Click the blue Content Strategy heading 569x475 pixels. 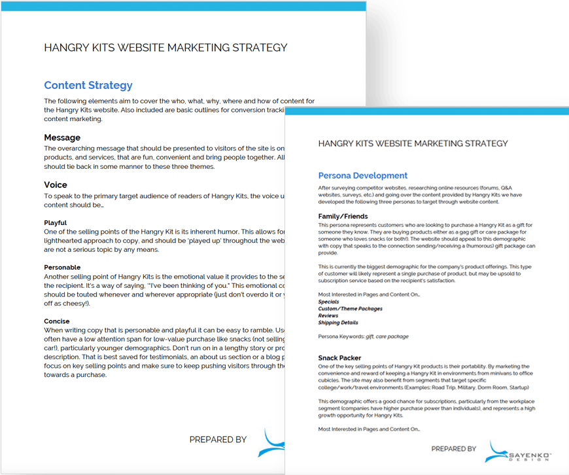88,85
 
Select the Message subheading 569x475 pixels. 62,137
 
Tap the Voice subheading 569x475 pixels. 56,185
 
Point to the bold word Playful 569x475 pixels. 55,222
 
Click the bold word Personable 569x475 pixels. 62,267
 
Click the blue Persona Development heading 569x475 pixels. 362,175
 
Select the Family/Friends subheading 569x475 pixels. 343,216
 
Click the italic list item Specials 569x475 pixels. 328,302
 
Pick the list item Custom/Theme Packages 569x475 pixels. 350,308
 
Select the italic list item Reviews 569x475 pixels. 328,315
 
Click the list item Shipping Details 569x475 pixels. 338,322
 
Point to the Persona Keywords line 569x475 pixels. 363,336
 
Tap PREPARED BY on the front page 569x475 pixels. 453,449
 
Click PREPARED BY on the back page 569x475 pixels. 218,440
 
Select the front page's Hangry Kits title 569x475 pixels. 412,143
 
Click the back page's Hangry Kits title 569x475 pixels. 165,48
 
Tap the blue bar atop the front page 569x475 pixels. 426,113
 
